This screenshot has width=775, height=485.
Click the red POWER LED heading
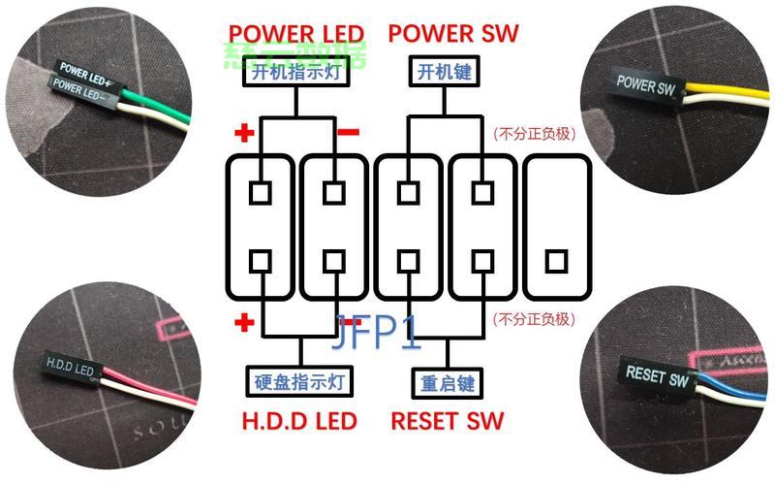(295, 34)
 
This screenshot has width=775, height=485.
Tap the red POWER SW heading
(453, 34)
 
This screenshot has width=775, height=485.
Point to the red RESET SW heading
(448, 421)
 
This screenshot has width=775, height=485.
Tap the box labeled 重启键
(446, 381)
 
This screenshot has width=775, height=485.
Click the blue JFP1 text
(377, 333)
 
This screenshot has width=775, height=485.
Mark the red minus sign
(350, 132)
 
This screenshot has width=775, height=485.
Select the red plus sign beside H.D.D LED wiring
(242, 323)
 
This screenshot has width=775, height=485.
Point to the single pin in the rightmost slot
(555, 261)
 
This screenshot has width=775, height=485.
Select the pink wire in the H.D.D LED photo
(145, 374)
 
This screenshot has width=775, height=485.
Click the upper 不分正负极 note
(534, 133)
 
